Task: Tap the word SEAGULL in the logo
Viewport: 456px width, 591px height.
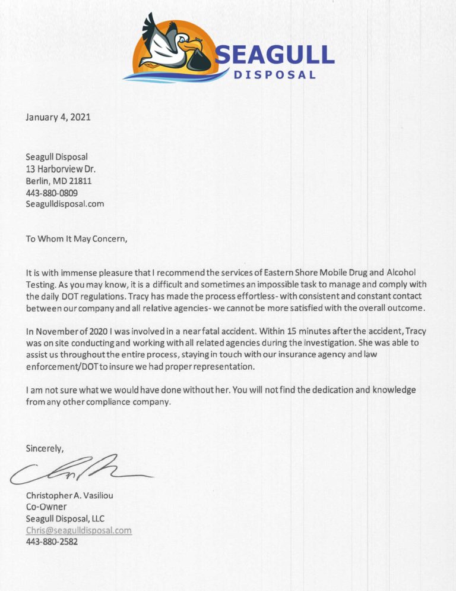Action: [274, 55]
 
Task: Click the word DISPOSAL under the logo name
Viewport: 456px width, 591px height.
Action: [274, 75]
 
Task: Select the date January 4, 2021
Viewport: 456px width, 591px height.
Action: [58, 117]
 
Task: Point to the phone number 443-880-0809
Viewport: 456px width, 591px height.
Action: [52, 193]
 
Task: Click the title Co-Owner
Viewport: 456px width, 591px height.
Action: [46, 507]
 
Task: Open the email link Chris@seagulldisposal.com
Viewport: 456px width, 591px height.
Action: [78, 530]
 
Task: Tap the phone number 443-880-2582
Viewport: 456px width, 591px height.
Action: [52, 542]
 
